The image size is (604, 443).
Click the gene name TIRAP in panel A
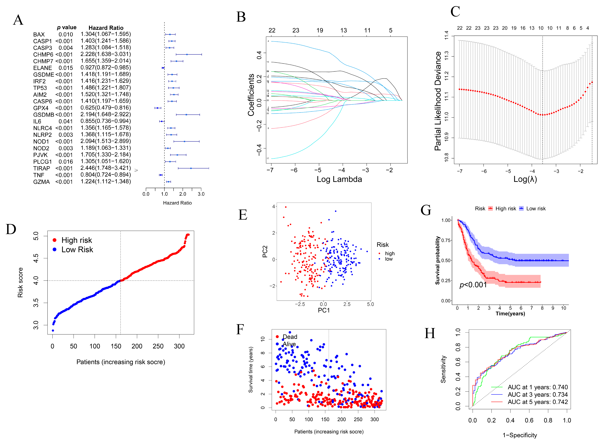point(42,168)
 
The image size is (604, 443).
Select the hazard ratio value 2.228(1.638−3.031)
point(106,54)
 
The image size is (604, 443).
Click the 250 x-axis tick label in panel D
point(158,346)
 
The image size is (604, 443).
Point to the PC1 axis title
point(324,310)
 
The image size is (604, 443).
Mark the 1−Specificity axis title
point(520,435)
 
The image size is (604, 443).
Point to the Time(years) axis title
point(510,313)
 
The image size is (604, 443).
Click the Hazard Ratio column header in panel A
point(106,28)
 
